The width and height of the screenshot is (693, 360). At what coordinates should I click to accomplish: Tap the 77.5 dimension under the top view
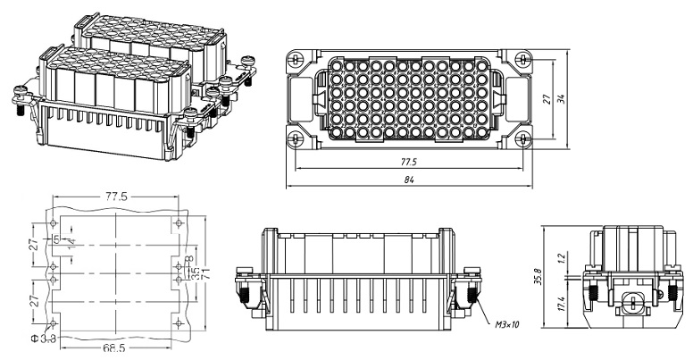point(410,163)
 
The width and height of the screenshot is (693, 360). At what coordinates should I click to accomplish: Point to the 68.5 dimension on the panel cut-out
point(112,347)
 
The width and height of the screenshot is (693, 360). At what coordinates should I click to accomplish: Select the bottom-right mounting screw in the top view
point(524,139)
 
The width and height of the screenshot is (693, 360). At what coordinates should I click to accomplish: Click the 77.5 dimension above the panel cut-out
point(116,196)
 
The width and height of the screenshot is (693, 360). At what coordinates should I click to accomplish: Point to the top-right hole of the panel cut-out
point(180,220)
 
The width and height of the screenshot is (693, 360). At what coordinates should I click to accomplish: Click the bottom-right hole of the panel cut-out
point(180,321)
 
